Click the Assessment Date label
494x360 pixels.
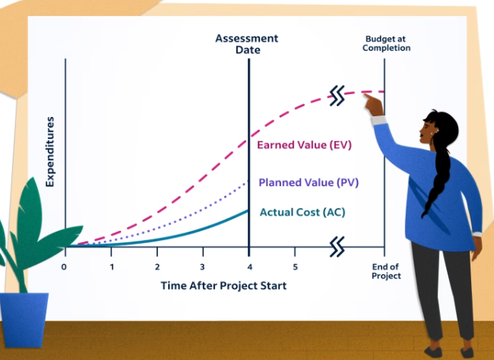(x=247, y=44)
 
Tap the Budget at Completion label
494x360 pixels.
(x=386, y=43)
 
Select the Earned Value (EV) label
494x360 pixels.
(x=304, y=145)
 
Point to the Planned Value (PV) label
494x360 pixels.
(x=309, y=182)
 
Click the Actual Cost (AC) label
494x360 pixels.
(x=302, y=213)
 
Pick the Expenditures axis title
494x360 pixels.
(x=49, y=152)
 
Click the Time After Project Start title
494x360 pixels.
(x=223, y=286)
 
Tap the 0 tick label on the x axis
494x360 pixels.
(x=64, y=267)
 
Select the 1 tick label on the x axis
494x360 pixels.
(x=112, y=267)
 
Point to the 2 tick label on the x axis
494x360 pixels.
(x=157, y=267)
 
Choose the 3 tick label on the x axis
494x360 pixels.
(x=202, y=267)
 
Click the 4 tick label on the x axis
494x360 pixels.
(x=250, y=267)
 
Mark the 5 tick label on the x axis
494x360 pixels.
(x=295, y=267)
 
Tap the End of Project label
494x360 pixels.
(x=386, y=271)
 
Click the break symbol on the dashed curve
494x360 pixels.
(x=337, y=96)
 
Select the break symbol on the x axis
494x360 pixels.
(x=337, y=247)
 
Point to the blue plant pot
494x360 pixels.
(x=24, y=320)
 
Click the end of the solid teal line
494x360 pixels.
(x=248, y=210)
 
